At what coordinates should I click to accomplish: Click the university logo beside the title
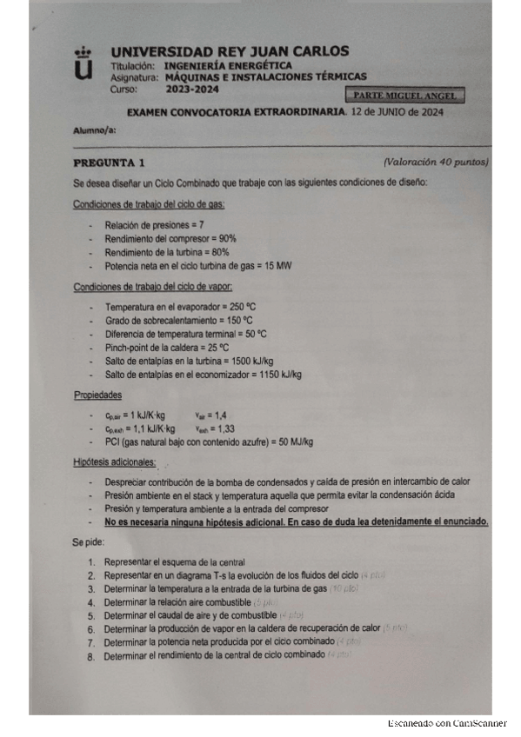(x=83, y=63)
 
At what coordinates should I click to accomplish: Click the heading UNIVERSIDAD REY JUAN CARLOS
(x=230, y=51)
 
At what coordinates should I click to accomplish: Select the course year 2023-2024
(x=191, y=88)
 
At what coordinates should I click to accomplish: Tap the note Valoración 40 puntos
(x=436, y=163)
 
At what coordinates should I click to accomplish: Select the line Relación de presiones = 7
(x=154, y=224)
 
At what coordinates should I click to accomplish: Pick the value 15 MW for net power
(x=278, y=266)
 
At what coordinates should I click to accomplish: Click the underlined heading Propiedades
(x=97, y=395)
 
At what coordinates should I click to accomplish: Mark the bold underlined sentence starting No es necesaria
(x=296, y=521)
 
